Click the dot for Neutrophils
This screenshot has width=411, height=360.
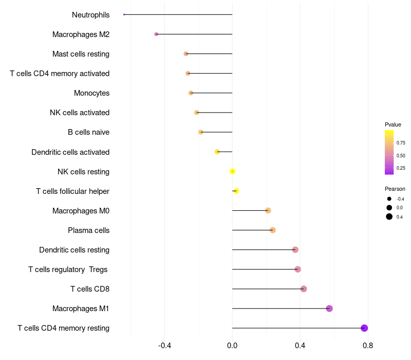(124, 14)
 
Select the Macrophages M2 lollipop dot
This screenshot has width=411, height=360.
(156, 34)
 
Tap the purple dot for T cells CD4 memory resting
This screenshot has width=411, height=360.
(364, 328)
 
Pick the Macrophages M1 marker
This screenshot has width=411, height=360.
(329, 309)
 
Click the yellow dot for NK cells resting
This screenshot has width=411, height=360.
(233, 171)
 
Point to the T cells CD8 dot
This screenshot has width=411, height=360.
(304, 289)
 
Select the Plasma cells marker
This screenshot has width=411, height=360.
(273, 230)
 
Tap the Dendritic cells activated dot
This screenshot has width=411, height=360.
(217, 152)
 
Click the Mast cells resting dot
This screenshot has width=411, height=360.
(186, 54)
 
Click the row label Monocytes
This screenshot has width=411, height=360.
(92, 93)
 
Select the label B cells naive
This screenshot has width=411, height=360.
(88, 132)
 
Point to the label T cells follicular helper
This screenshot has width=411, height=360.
(72, 191)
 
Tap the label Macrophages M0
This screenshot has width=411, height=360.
(81, 211)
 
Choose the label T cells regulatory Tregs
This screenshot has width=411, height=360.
(68, 269)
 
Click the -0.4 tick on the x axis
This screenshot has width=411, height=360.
(164, 346)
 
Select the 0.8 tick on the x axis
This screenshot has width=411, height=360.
(368, 346)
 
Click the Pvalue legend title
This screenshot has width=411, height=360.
(393, 124)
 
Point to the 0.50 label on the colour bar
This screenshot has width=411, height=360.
(401, 156)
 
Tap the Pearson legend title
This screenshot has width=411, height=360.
(395, 189)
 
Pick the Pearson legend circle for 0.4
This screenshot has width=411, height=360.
(389, 217)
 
